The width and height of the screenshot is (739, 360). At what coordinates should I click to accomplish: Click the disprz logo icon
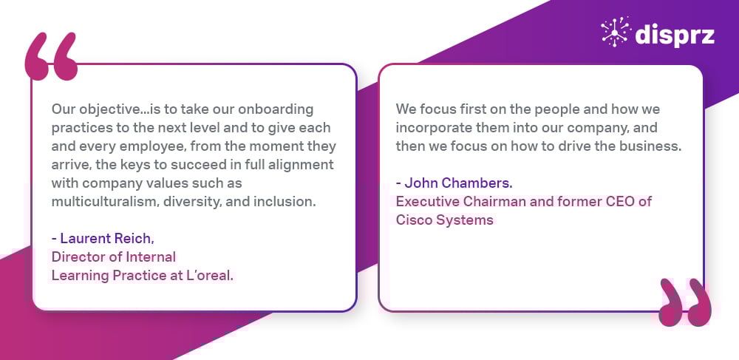[616, 32]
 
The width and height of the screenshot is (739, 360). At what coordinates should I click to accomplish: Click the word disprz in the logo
[675, 35]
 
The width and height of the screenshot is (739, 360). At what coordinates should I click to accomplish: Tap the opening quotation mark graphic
[51, 56]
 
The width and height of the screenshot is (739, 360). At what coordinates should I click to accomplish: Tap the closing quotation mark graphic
[685, 302]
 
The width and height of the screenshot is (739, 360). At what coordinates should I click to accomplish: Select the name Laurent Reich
[107, 239]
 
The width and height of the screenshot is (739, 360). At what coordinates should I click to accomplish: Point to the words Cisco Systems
[444, 220]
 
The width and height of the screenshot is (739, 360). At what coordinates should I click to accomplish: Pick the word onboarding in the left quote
[276, 110]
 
